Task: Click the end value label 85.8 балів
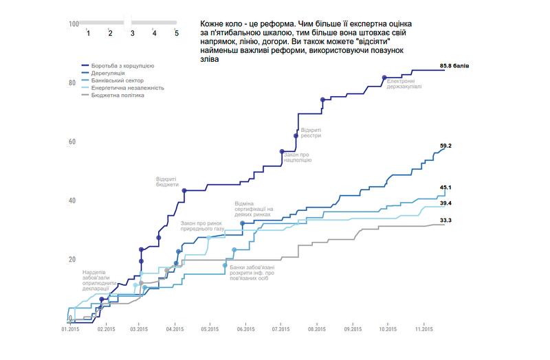point(454,66)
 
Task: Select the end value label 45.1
point(445,188)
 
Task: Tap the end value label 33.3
point(445,220)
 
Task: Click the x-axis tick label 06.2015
point(245,330)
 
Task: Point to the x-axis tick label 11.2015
point(423,330)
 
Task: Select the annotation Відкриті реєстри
point(311,133)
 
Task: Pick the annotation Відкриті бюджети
point(167,181)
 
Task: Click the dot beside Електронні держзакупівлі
point(384,78)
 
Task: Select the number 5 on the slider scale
point(177,32)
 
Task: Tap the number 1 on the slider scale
point(88,32)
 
